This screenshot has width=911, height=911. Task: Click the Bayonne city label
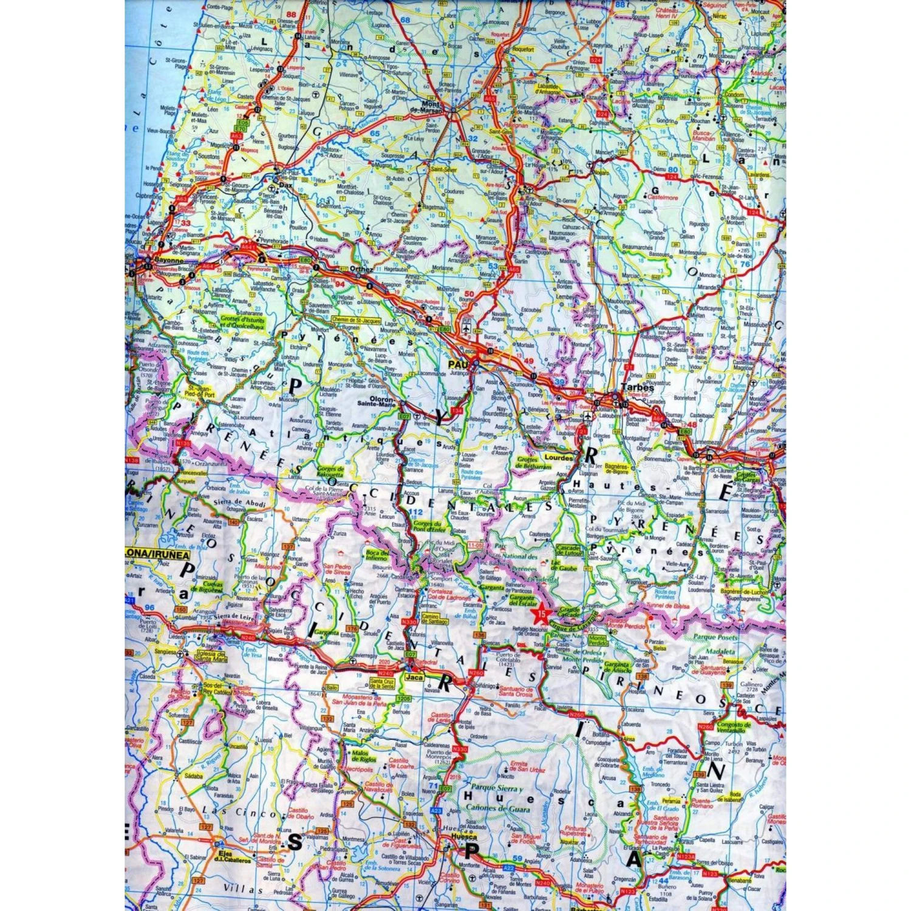[x=169, y=259]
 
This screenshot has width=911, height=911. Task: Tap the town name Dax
[x=285, y=186]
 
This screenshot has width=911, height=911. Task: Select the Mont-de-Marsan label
[x=433, y=106]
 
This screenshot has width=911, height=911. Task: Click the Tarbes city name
[x=637, y=387]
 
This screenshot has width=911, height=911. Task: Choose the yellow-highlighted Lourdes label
[x=558, y=457]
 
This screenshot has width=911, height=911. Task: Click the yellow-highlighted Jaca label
[x=415, y=677]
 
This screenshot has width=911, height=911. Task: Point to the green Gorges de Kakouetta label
[x=330, y=472]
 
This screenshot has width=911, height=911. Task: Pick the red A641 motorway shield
[x=248, y=247]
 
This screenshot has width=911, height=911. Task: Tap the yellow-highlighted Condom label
[x=734, y=95]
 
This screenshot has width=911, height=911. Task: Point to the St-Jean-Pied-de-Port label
[x=201, y=391]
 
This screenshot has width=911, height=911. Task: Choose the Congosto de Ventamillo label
[x=734, y=728]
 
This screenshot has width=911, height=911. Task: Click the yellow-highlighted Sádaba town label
[x=194, y=776]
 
